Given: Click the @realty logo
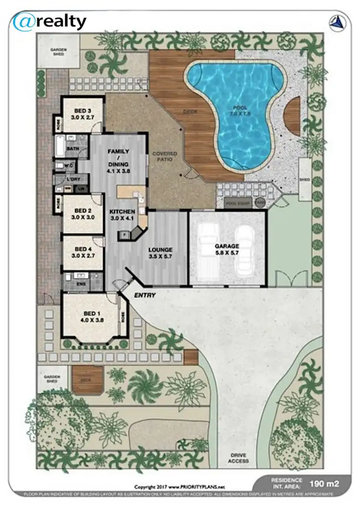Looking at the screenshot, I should [50, 22].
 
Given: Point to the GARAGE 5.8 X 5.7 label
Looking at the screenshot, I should [227, 249].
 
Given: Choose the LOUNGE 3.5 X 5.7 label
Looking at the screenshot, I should [160, 253].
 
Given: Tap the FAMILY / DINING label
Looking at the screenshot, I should [119, 160].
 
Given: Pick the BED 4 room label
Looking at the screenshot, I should [83, 252].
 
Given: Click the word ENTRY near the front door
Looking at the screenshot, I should [144, 295].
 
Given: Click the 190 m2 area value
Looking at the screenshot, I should [329, 484].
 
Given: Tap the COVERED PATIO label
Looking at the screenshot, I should [165, 157].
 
